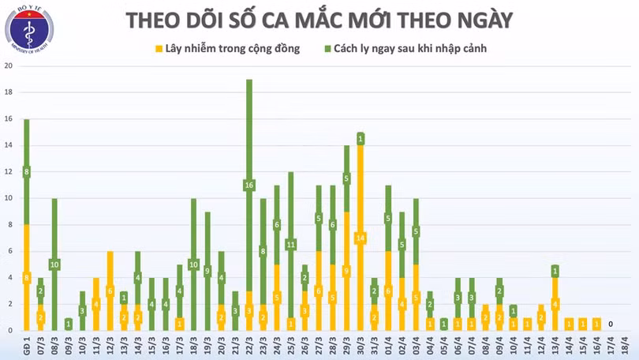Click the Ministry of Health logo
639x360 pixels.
point(29,29)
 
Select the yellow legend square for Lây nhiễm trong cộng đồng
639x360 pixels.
point(158,49)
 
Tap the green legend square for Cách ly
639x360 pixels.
point(327,49)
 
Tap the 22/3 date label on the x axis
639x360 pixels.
point(249,346)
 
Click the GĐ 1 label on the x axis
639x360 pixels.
point(26,346)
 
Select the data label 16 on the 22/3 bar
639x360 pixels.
point(249,186)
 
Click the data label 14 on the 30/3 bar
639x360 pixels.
point(360,238)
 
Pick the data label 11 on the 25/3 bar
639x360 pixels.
point(290,244)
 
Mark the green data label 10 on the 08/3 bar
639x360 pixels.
point(54,264)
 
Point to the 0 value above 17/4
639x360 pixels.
point(611,324)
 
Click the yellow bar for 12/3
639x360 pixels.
point(110,291)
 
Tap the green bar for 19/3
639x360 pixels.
point(207,271)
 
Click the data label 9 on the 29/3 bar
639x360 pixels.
point(346,271)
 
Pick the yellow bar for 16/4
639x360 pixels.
point(596,324)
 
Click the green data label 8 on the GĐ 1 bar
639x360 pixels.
point(26,172)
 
